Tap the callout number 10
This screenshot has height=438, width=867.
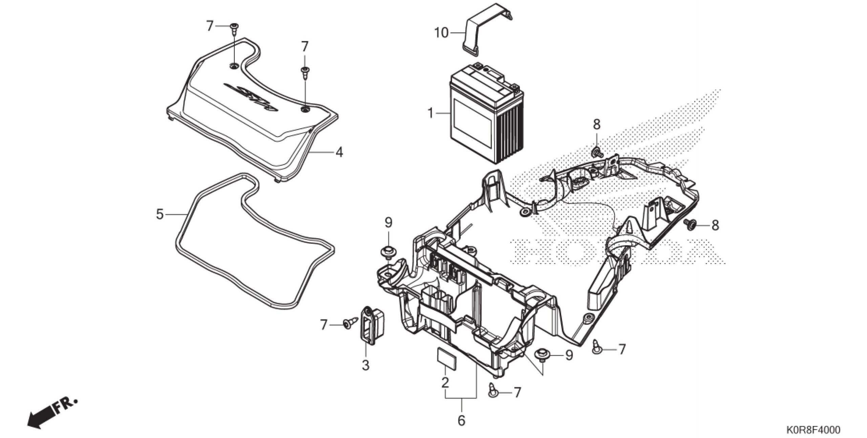coord(441,33)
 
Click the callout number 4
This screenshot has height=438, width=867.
coord(339,152)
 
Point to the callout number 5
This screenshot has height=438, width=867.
coord(160,214)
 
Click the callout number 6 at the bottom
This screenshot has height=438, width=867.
coord(461,420)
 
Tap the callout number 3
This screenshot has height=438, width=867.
coord(365,365)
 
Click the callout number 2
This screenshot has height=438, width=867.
coord(445,382)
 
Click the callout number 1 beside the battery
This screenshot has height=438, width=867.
coord(430,113)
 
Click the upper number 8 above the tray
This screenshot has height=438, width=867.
coord(596,125)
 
